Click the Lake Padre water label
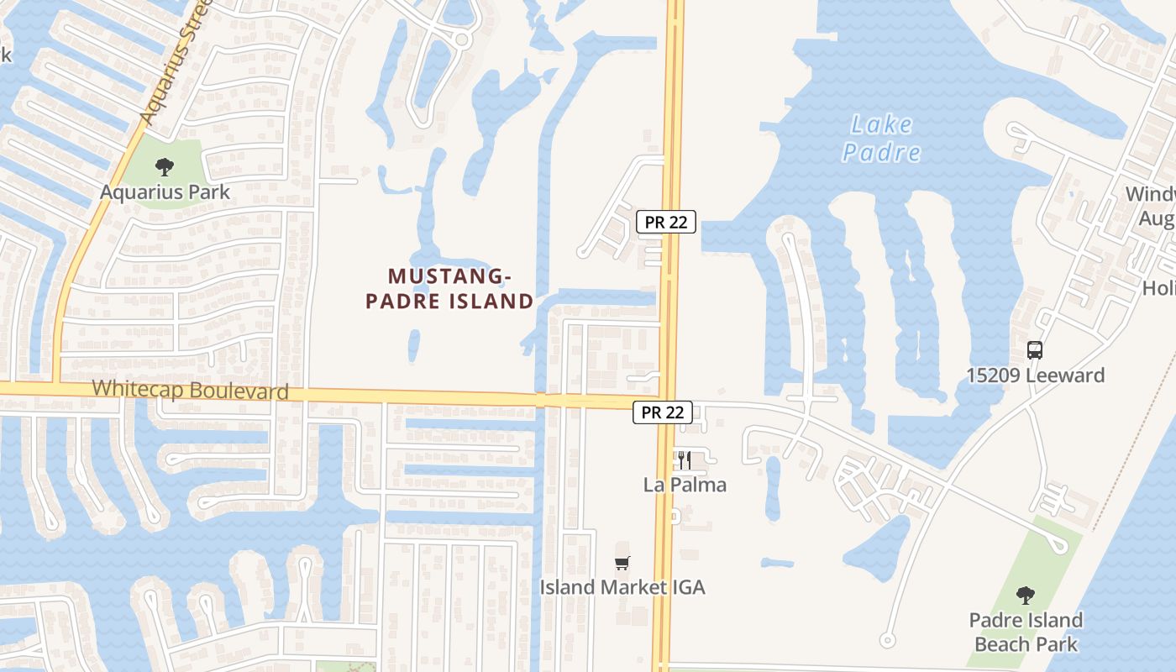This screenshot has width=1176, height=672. [881, 139]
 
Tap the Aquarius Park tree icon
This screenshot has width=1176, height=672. [165, 166]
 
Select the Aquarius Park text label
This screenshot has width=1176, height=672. [165, 192]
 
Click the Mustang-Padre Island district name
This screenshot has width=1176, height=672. [449, 288]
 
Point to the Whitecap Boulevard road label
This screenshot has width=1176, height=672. [190, 390]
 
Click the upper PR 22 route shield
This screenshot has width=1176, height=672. [665, 222]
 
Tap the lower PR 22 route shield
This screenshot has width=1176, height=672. [663, 412]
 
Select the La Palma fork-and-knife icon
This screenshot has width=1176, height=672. [685, 460]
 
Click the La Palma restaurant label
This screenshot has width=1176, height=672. [685, 485]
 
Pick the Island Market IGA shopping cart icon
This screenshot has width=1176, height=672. [622, 563]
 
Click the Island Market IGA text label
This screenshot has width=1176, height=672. [622, 587]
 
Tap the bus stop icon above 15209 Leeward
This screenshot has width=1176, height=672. [1035, 350]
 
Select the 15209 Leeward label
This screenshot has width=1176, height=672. [1035, 375]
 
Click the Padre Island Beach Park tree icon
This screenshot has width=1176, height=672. [1024, 596]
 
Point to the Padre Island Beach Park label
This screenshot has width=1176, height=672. [1025, 633]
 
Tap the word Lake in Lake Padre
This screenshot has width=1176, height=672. [881, 125]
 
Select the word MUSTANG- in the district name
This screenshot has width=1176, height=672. [449, 276]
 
